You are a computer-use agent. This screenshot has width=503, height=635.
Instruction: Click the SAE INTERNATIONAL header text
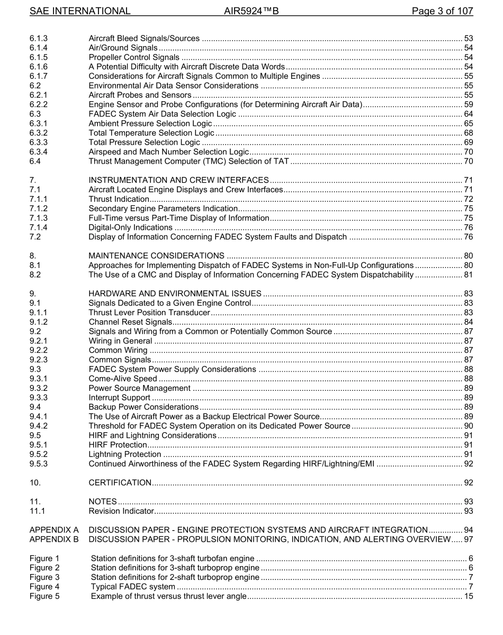[x=80, y=11]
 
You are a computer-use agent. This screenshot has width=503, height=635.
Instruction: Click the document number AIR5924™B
[x=251, y=11]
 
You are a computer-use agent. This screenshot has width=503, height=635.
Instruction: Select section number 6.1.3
[x=39, y=38]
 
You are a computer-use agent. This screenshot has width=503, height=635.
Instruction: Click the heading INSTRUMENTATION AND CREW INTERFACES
[x=179, y=180]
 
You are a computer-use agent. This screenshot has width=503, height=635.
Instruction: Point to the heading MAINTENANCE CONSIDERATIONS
[x=157, y=256]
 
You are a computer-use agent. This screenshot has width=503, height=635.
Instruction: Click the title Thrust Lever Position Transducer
[x=150, y=312]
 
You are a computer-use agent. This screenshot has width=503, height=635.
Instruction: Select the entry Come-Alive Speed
[x=123, y=379]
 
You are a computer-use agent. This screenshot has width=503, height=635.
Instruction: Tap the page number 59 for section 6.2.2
[x=468, y=104]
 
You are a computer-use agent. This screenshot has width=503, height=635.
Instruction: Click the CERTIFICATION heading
[x=120, y=482]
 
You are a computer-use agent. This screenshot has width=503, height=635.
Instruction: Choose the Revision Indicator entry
[x=121, y=511]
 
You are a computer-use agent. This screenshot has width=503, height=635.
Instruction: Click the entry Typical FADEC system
[x=133, y=586]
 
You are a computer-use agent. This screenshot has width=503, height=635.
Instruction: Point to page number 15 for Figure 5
[x=468, y=596]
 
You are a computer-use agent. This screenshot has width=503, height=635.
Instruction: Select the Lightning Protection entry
[x=125, y=454]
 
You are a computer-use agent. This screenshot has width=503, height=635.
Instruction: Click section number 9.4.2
[x=39, y=426]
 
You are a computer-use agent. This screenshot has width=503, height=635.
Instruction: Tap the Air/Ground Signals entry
[x=123, y=48]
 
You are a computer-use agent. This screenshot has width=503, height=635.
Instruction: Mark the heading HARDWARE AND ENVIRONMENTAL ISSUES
[x=175, y=293]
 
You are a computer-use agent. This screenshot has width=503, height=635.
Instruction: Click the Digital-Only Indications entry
[x=131, y=227]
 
